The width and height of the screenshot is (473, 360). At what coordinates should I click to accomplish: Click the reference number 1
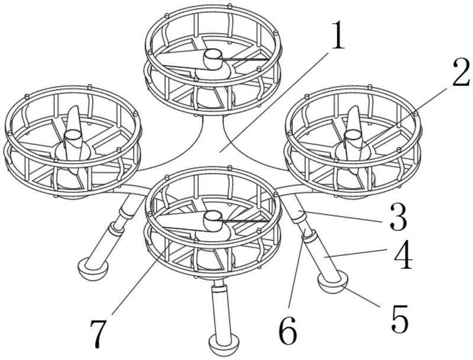pyautogui.click(x=337, y=37)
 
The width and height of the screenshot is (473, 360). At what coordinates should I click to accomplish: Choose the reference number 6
pyautogui.click(x=288, y=332)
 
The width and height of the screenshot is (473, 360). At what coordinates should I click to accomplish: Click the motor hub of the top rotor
pyautogui.click(x=212, y=59)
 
